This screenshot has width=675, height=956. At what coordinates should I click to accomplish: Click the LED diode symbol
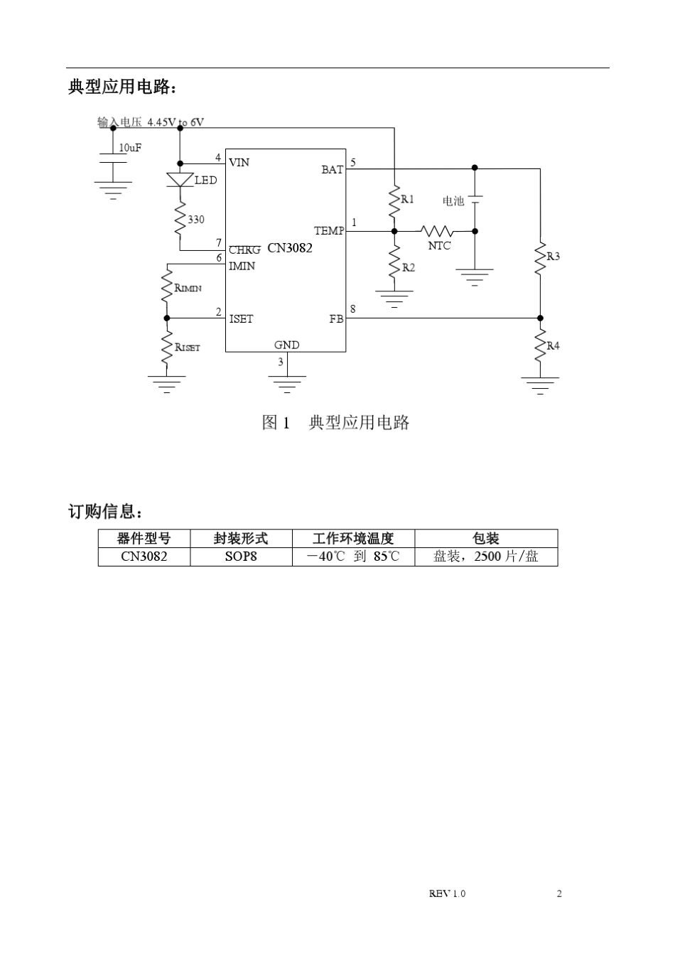(x=180, y=180)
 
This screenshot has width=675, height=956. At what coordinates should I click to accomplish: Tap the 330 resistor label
(x=195, y=220)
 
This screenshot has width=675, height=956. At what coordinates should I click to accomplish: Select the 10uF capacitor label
(x=130, y=148)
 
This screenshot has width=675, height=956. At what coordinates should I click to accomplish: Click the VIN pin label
(x=239, y=163)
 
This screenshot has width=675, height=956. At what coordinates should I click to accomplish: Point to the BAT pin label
(x=332, y=169)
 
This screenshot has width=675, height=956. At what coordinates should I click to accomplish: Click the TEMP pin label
(x=329, y=231)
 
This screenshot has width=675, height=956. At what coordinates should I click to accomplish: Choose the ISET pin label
(x=241, y=319)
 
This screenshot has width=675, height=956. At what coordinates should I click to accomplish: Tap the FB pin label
(x=336, y=319)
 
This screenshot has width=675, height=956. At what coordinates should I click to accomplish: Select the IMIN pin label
(x=242, y=266)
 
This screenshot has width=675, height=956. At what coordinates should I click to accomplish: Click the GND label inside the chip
(x=286, y=345)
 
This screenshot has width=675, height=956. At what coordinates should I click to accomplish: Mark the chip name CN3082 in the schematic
(x=290, y=248)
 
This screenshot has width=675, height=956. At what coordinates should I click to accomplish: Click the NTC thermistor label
(x=439, y=246)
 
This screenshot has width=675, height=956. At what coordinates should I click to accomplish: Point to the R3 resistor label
(x=553, y=256)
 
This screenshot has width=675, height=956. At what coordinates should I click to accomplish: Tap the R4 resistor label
(x=553, y=345)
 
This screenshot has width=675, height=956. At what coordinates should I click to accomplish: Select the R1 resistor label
(x=407, y=199)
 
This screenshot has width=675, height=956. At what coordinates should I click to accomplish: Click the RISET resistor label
(x=188, y=348)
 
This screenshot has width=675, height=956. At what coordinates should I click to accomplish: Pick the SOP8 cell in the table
(x=241, y=557)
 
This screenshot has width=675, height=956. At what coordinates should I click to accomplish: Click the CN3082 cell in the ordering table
(x=144, y=557)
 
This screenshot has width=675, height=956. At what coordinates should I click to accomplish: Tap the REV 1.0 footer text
(x=447, y=893)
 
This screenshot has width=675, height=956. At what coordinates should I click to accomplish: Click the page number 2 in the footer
(x=559, y=893)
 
